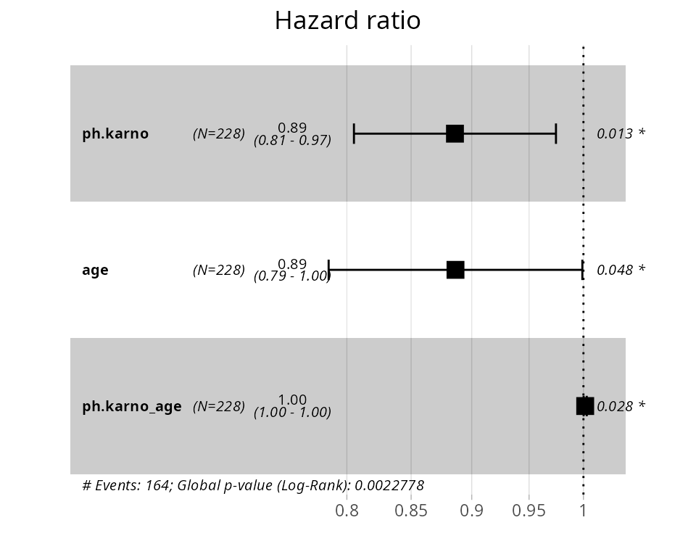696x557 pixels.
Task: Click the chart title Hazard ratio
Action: coord(347,20)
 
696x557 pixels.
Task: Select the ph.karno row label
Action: coord(115,133)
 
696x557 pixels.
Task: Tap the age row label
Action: coord(95,270)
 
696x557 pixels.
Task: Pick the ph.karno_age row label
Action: coord(132,406)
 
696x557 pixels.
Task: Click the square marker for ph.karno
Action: coord(455,133)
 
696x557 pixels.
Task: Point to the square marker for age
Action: coord(455,270)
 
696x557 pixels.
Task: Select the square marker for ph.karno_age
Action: coord(585,406)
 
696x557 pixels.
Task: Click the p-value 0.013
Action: coord(615,133)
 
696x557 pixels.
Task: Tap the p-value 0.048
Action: coord(615,270)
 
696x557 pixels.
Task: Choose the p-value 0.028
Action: coord(615,406)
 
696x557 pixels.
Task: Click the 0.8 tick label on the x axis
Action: coord(347,511)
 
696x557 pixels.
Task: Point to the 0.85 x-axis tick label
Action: coord(411,511)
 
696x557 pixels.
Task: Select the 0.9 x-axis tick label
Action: coord(471,511)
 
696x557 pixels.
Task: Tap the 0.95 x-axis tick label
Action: coord(529,511)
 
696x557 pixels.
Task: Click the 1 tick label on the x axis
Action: coord(583,511)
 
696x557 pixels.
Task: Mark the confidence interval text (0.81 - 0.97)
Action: coord(292,141)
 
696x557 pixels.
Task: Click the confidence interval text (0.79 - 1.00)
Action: coord(292,276)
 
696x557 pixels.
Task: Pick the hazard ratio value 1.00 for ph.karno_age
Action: coord(292,400)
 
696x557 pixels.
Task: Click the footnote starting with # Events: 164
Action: coord(253,485)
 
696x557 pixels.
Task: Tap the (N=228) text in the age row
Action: coord(219,270)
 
